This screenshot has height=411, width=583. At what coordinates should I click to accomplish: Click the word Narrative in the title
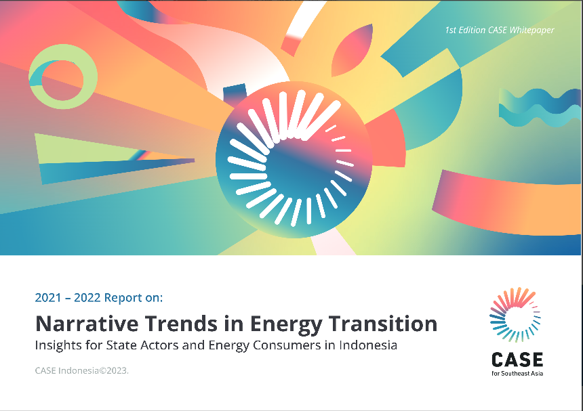(87, 324)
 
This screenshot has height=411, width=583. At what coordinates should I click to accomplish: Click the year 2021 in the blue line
(48, 298)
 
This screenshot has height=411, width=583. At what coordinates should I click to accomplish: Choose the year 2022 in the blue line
(87, 298)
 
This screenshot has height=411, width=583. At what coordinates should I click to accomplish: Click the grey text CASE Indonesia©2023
(82, 370)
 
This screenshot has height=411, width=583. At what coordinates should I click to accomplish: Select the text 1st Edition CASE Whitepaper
(500, 30)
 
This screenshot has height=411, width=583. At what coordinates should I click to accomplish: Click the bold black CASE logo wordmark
(517, 360)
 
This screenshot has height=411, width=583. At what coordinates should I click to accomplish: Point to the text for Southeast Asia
(517, 374)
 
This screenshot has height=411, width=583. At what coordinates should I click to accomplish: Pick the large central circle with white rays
(294, 159)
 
